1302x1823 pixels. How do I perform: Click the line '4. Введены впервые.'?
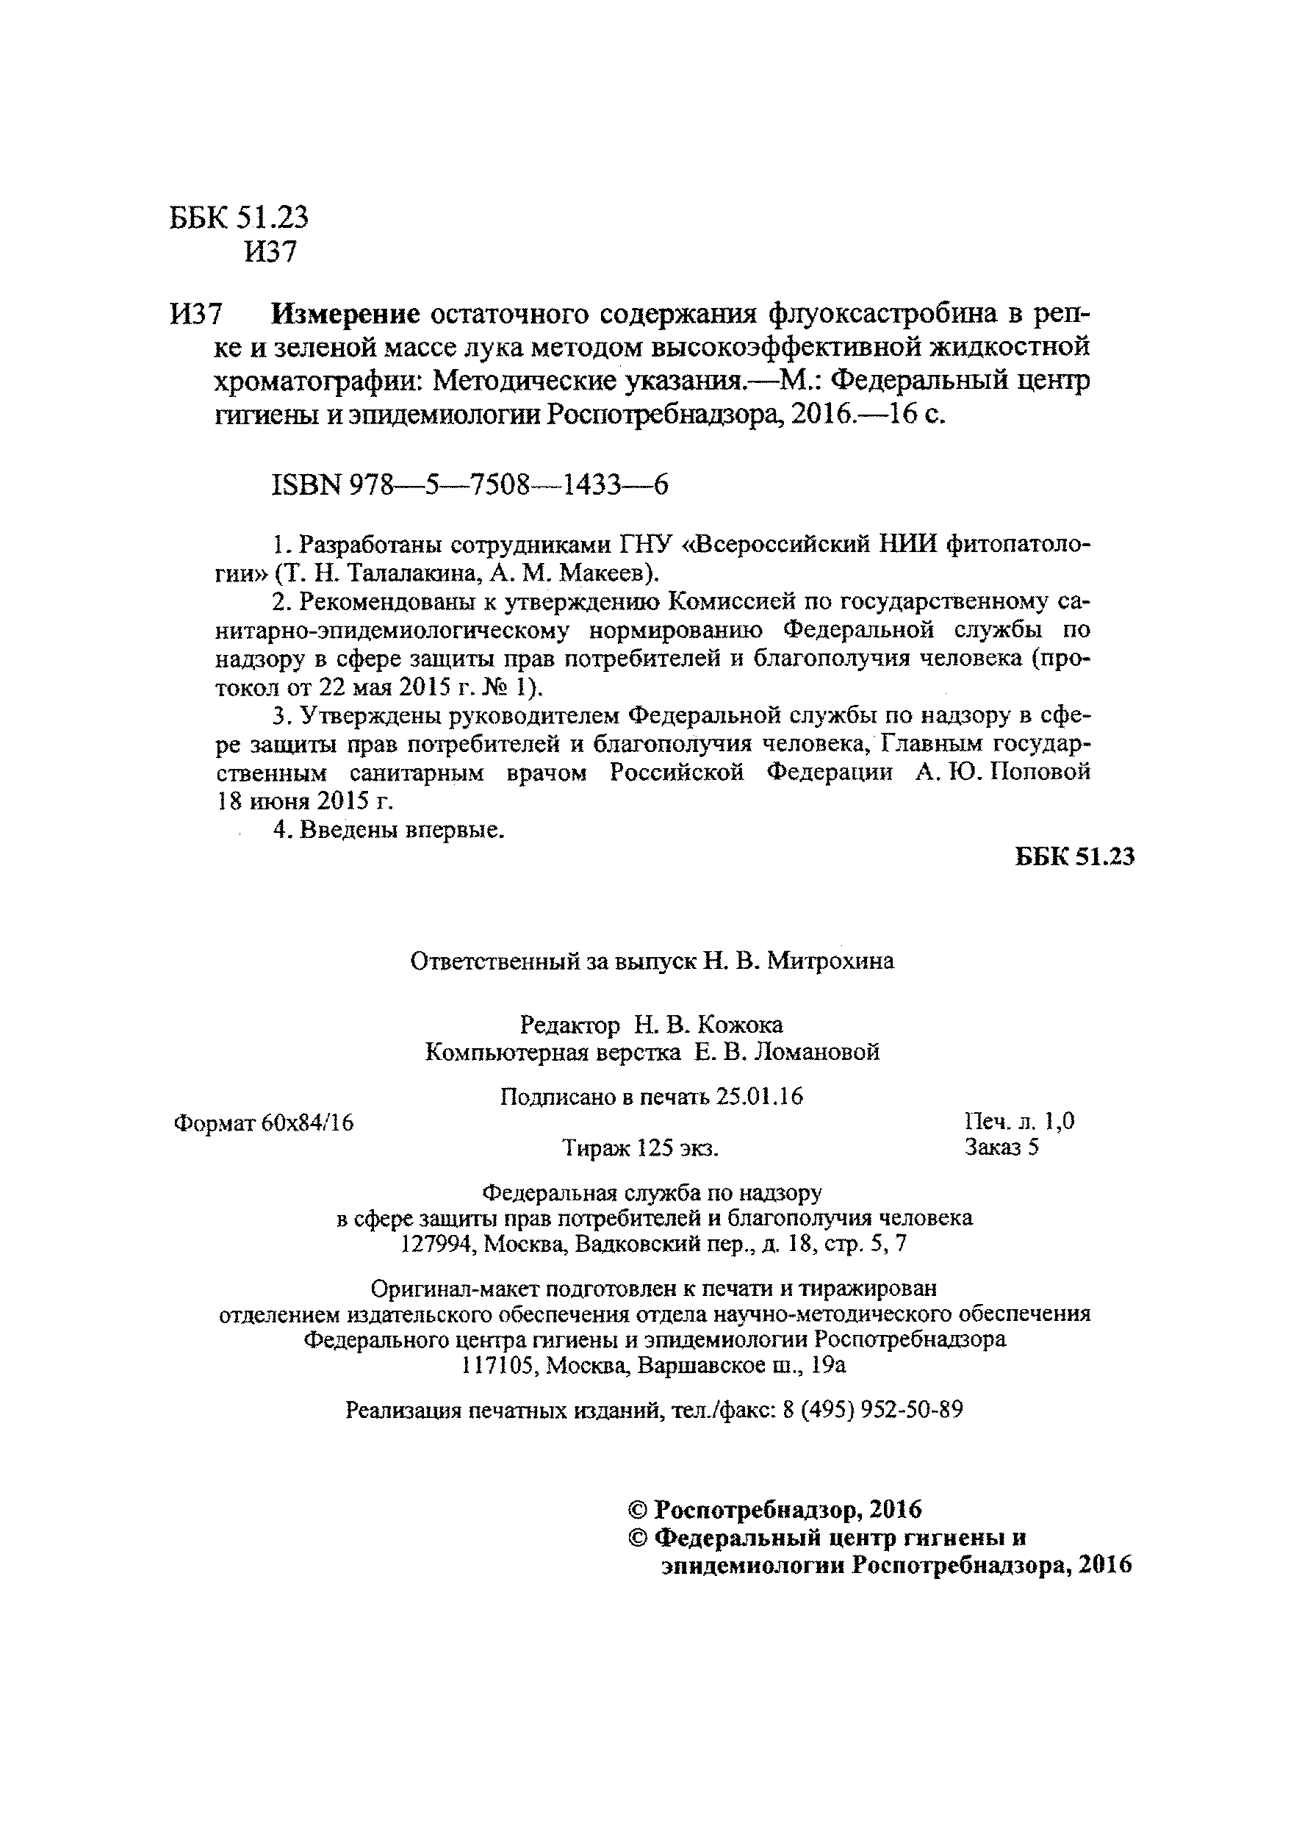(389, 830)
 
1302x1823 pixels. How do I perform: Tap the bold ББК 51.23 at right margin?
(1074, 857)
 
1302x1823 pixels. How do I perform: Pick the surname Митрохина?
(830, 961)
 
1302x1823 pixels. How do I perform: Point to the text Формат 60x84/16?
(264, 1122)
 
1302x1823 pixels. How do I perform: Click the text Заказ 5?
(1001, 1147)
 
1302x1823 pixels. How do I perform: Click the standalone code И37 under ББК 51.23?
(271, 253)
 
